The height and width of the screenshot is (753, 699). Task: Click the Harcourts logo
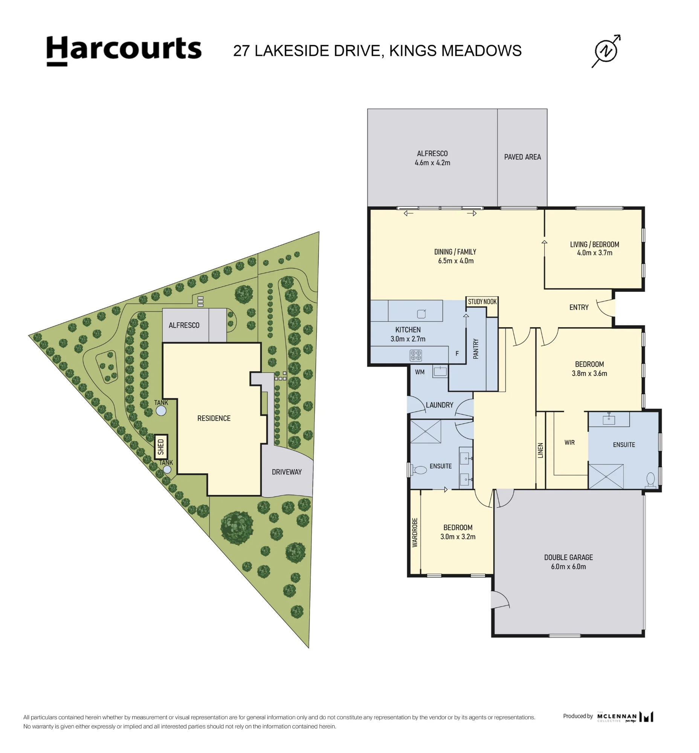pyautogui.click(x=124, y=51)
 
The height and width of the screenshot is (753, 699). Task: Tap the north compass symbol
pyautogui.click(x=606, y=51)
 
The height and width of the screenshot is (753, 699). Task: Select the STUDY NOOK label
pyautogui.click(x=482, y=302)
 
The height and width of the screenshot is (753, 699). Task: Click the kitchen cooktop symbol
pyautogui.click(x=416, y=355)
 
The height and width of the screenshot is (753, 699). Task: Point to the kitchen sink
pyautogui.click(x=421, y=314)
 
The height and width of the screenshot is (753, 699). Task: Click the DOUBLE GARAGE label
pyautogui.click(x=568, y=557)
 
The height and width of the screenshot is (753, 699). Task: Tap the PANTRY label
pyautogui.click(x=476, y=348)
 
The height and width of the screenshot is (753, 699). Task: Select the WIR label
pyautogui.click(x=569, y=442)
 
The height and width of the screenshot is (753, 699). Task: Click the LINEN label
pyautogui.click(x=540, y=450)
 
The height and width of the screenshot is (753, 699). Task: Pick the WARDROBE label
pyautogui.click(x=415, y=532)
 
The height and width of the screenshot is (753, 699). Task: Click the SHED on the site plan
pyautogui.click(x=161, y=447)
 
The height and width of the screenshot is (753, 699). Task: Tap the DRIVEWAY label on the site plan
pyautogui.click(x=287, y=472)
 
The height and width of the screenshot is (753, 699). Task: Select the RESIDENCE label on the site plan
pyautogui.click(x=214, y=418)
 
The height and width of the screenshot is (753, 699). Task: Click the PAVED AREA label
pyautogui.click(x=522, y=157)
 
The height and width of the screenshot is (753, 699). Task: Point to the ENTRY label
pyautogui.click(x=579, y=308)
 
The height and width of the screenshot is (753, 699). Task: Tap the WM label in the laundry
pyautogui.click(x=420, y=372)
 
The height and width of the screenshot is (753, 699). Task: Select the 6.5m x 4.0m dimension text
pyautogui.click(x=456, y=261)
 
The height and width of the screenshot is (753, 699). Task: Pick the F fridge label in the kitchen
pyautogui.click(x=457, y=354)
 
